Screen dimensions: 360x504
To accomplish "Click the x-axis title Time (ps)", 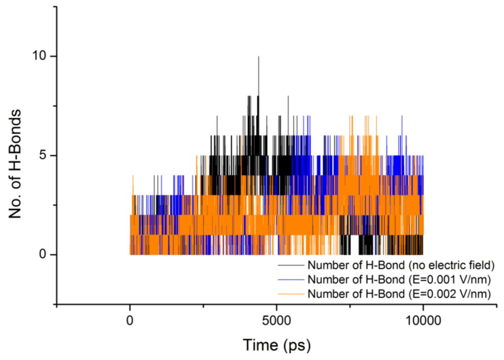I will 276,345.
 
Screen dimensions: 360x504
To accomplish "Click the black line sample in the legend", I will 292,266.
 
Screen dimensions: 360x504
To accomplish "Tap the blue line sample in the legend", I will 292,280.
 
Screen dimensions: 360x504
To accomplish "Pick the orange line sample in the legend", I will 292,294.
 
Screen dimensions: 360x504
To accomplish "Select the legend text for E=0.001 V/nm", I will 399,280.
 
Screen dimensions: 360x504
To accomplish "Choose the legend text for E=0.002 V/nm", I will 399,294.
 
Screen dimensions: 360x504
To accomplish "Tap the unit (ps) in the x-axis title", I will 297,345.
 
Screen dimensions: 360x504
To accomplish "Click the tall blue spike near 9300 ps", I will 402,117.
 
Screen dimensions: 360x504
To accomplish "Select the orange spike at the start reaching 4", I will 133,176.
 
